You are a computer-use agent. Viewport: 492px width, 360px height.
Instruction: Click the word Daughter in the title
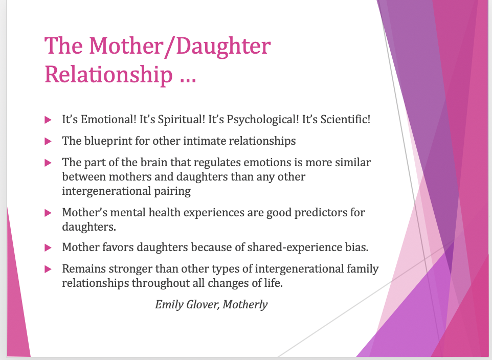(x=223, y=47)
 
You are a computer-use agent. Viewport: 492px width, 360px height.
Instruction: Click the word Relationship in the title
(x=108, y=75)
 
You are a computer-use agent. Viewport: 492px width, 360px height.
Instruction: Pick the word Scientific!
(x=345, y=120)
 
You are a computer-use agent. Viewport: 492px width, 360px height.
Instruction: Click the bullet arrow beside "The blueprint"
(x=48, y=142)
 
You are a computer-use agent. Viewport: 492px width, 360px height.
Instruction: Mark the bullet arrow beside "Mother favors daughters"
(x=48, y=248)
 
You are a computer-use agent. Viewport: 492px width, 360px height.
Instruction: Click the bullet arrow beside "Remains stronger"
(x=48, y=269)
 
